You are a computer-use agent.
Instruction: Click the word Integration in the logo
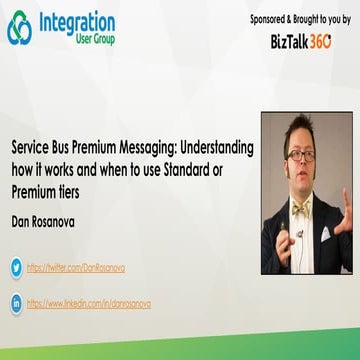(x=78, y=21)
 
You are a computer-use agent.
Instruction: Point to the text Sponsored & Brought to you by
(x=299, y=19)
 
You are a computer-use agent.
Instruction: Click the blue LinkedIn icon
(x=16, y=302)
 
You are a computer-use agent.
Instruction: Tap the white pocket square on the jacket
(x=326, y=234)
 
